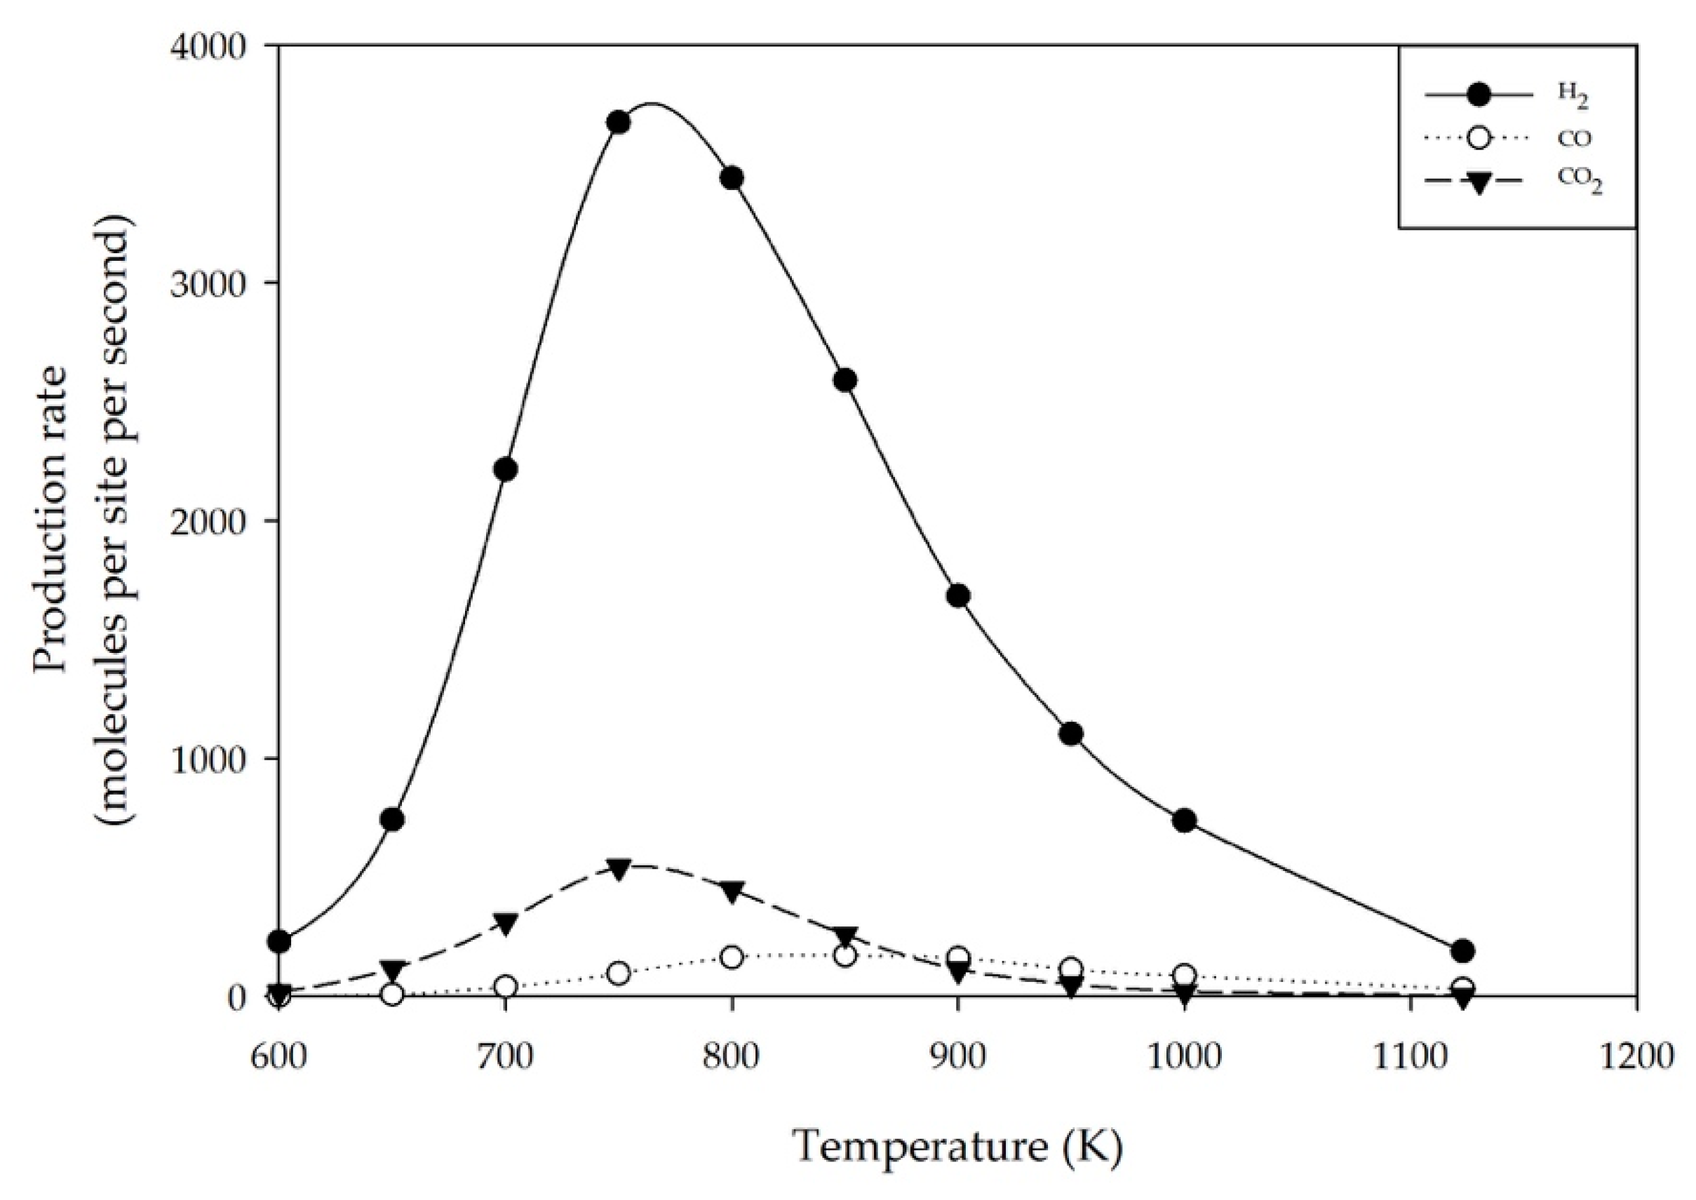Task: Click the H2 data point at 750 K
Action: (619, 123)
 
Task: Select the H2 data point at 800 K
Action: (732, 178)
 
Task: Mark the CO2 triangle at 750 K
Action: (619, 868)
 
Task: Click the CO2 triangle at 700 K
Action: (506, 923)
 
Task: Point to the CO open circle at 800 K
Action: (732, 957)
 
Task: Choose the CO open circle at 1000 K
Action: (1185, 976)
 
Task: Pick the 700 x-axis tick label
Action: (506, 1057)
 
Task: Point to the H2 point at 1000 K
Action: (1185, 820)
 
